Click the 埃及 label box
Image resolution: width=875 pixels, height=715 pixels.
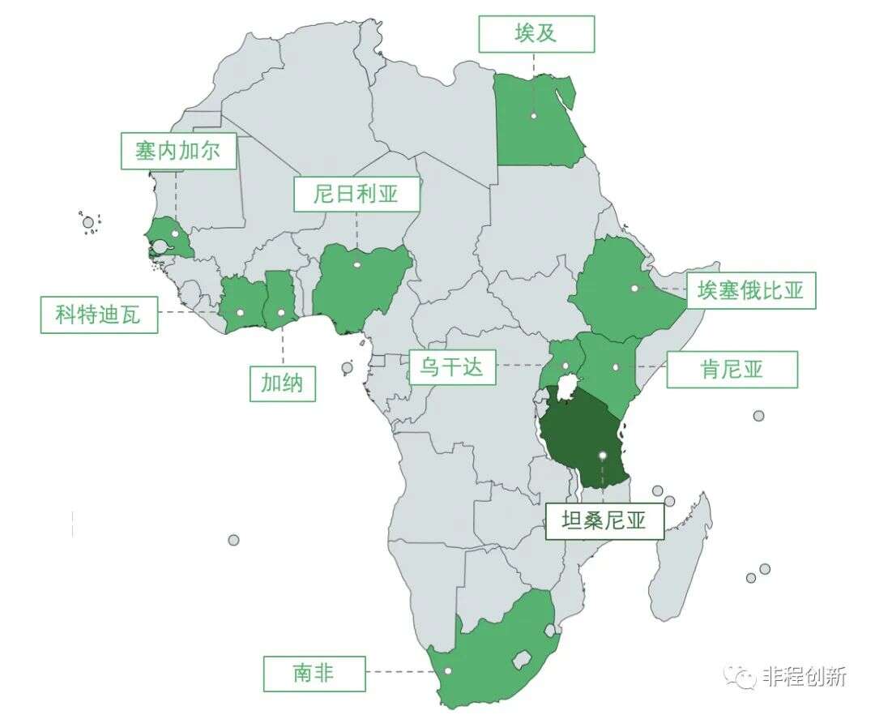click(536, 34)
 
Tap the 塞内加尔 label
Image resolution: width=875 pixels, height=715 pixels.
click(178, 151)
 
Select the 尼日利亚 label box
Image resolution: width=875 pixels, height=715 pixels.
click(356, 194)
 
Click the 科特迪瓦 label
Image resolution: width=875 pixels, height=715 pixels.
click(99, 315)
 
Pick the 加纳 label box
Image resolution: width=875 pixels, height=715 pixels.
click(282, 383)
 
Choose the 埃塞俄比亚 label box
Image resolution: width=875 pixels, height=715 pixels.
click(751, 289)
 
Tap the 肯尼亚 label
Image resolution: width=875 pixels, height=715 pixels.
click(732, 369)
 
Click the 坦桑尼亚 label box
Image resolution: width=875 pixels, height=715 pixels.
click(604, 520)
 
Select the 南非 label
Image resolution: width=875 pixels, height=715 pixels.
click(314, 673)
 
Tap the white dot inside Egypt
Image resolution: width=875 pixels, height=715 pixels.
click(534, 116)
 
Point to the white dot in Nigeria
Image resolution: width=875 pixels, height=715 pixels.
click(356, 264)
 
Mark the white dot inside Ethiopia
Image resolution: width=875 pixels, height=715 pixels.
click(634, 287)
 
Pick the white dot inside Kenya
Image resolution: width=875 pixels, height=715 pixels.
click(616, 367)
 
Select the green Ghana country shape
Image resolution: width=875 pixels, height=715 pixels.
click(280, 302)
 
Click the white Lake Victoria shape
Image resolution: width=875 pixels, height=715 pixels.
click(568, 380)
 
